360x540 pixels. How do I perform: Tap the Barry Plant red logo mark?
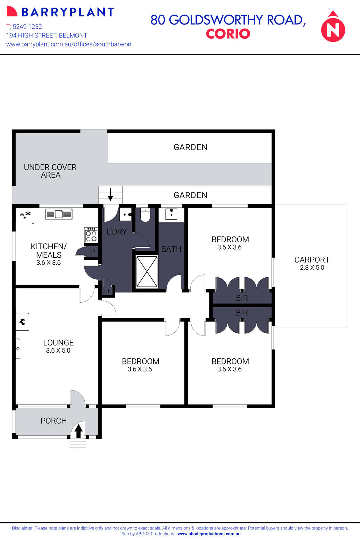pyautogui.click(x=12, y=12)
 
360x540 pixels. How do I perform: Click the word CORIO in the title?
pyautogui.click(x=228, y=34)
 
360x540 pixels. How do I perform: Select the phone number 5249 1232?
pyautogui.click(x=27, y=27)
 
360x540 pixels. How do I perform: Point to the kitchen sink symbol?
pyautogui.click(x=59, y=214)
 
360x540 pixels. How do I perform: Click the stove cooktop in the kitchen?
pyautogui.click(x=91, y=235)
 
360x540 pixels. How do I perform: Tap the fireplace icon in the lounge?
pyautogui.click(x=22, y=322)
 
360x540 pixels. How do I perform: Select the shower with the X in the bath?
pyautogui.click(x=147, y=272)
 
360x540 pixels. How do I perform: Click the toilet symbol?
pyautogui.click(x=145, y=216)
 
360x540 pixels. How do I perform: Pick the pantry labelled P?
pyautogui.click(x=92, y=252)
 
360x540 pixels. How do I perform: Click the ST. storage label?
pyautogui.click(x=107, y=291)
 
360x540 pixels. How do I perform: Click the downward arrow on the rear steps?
pyautogui.click(x=110, y=194)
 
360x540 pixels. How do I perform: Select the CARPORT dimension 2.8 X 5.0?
pyautogui.click(x=312, y=268)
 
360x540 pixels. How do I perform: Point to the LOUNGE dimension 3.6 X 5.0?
pyautogui.click(x=58, y=350)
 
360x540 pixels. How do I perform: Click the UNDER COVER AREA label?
pyautogui.click(x=50, y=171)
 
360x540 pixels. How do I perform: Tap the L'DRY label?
pyautogui.click(x=116, y=232)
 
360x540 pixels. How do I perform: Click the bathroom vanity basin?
pyautogui.click(x=171, y=214)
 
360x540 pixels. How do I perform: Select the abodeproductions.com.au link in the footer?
pyautogui.click(x=209, y=534)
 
